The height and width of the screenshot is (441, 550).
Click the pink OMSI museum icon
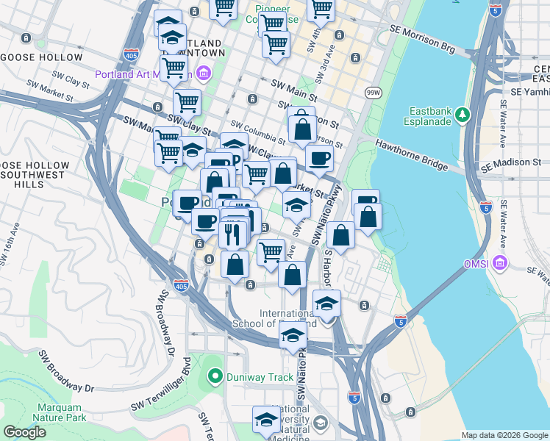(x=500, y=262)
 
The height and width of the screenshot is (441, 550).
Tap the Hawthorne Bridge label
(x=412, y=155)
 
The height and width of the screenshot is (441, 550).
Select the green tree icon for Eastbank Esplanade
(x=462, y=114)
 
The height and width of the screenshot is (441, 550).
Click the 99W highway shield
(x=372, y=92)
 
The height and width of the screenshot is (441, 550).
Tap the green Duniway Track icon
(x=215, y=378)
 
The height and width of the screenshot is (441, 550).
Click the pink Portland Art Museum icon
(x=204, y=73)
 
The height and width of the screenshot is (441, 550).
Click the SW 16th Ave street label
(x=9, y=251)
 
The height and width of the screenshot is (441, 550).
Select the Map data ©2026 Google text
(x=504, y=435)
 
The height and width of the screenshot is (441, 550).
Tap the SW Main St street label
(x=293, y=90)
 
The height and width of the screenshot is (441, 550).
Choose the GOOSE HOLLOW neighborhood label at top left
(x=42, y=57)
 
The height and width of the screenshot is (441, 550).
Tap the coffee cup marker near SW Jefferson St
(x=319, y=157)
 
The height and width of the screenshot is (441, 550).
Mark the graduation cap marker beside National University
(x=266, y=420)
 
